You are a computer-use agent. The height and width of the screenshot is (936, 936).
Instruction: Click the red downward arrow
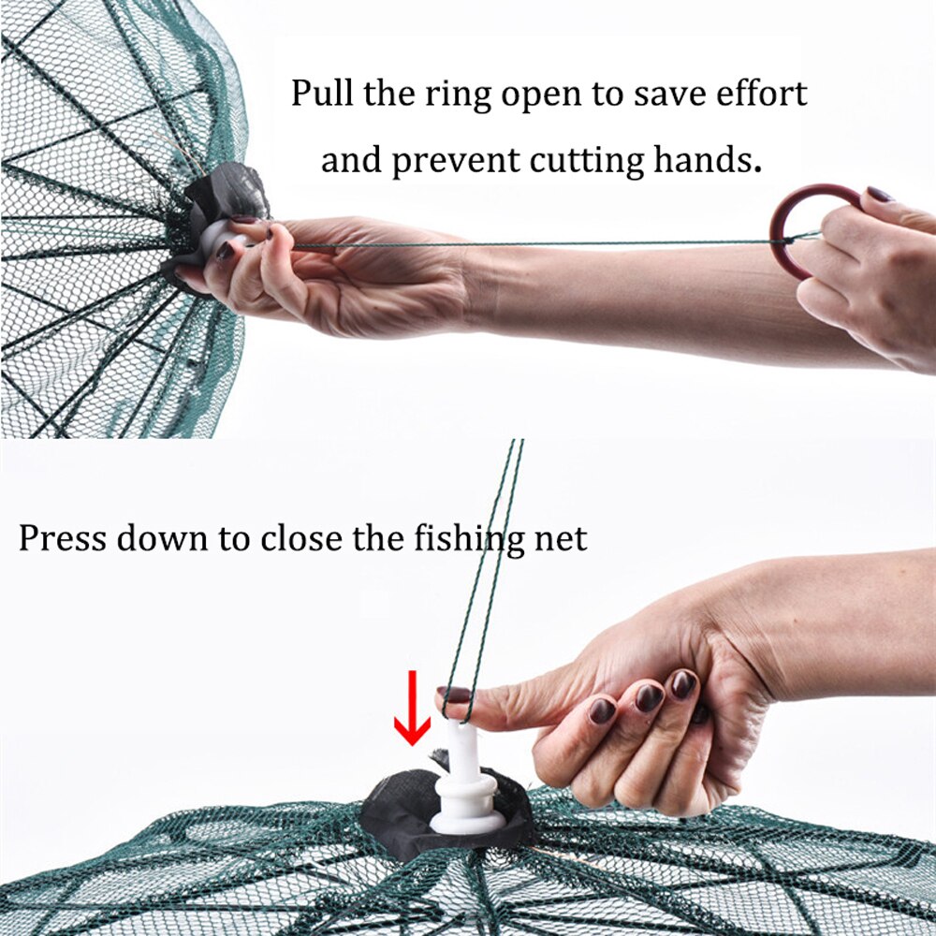(412, 721)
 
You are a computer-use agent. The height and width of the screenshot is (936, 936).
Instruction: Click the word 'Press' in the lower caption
(58, 538)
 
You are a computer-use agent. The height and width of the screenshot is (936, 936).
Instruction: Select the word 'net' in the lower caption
(562, 538)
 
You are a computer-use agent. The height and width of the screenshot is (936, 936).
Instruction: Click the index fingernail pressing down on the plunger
(457, 695)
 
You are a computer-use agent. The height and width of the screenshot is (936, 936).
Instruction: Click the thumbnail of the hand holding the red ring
(881, 195)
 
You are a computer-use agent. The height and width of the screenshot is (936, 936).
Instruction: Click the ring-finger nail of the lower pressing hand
(649, 697)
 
